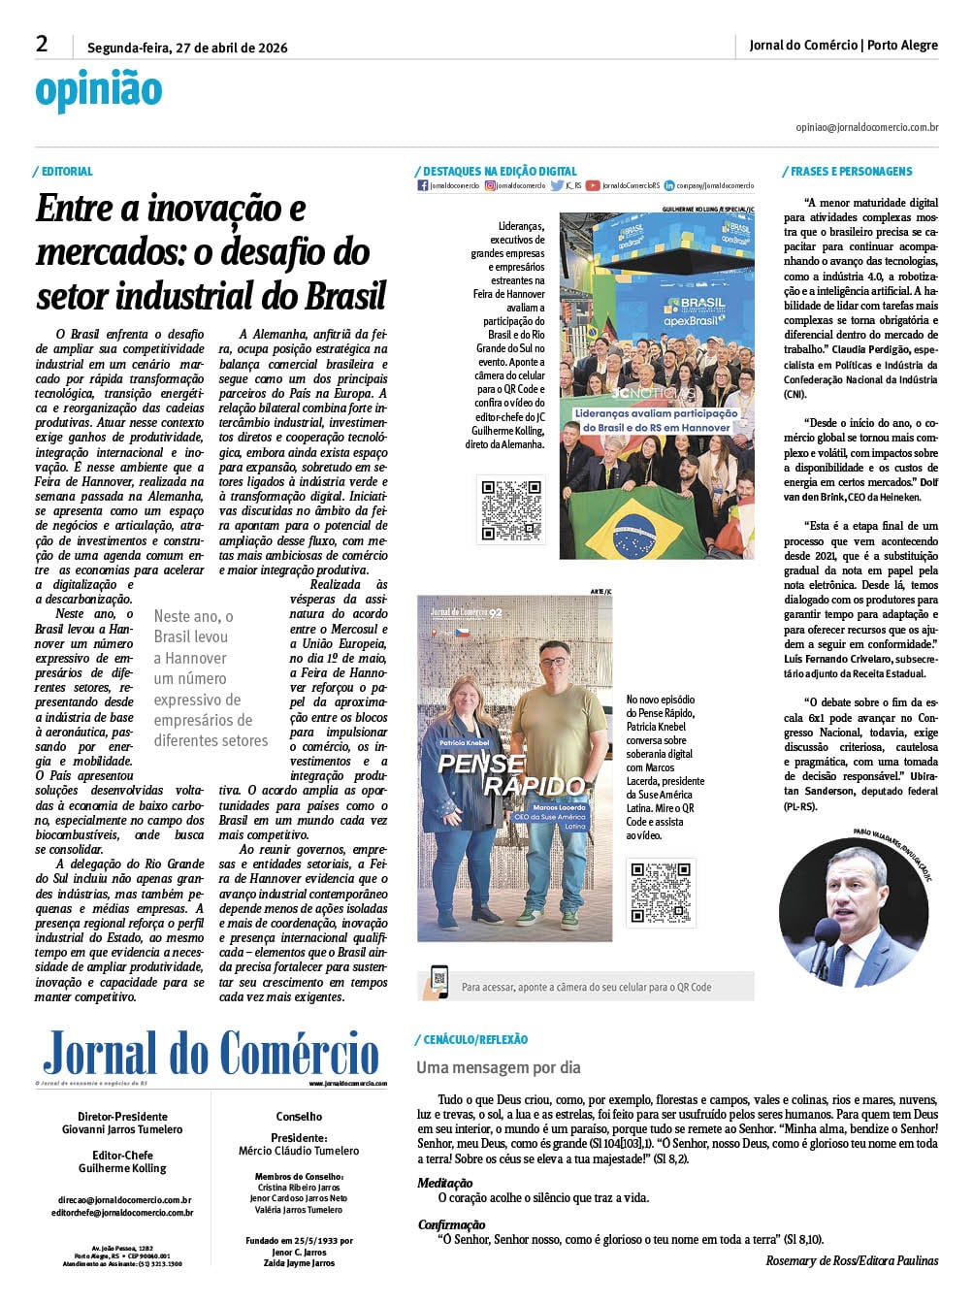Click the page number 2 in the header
pyautogui.click(x=42, y=44)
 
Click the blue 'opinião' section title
pyautogui.click(x=98, y=90)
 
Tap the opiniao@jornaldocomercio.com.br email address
pyautogui.click(x=866, y=127)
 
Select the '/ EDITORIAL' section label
pyautogui.click(x=63, y=172)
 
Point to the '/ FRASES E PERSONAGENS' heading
pyautogui.click(x=847, y=172)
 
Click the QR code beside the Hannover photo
pyautogui.click(x=511, y=508)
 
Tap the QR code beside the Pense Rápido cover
pyautogui.click(x=660, y=892)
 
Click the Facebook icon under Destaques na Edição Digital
pyautogui.click(x=423, y=185)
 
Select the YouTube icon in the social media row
pyautogui.click(x=593, y=185)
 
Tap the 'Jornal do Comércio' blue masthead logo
pyautogui.click(x=211, y=1055)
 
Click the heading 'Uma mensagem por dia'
pyautogui.click(x=499, y=1067)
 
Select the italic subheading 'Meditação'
pyautogui.click(x=445, y=1183)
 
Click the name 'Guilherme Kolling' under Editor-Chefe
pyautogui.click(x=122, y=1168)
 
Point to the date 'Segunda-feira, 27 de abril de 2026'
pyautogui.click(x=187, y=48)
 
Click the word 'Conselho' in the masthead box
pyautogui.click(x=300, y=1117)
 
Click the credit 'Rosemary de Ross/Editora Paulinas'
pyautogui.click(x=852, y=1260)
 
